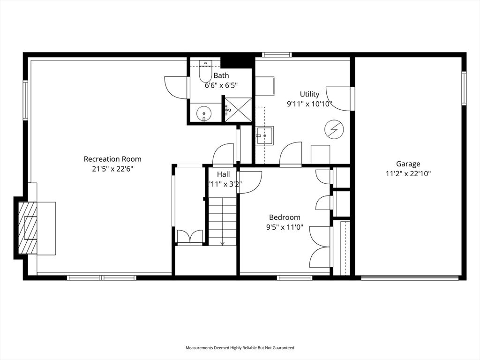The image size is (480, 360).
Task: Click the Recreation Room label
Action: (x=112, y=159)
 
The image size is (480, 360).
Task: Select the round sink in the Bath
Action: (x=204, y=113)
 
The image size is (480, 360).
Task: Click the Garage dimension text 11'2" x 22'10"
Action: (x=408, y=173)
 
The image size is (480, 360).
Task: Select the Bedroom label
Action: (x=285, y=217)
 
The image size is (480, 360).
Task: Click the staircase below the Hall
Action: (x=223, y=220)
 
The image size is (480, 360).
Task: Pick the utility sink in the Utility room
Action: (x=265, y=136)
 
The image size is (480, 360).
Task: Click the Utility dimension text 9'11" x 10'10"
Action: (x=310, y=104)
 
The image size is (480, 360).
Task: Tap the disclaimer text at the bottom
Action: (x=240, y=348)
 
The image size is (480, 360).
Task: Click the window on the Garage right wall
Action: (x=464, y=88)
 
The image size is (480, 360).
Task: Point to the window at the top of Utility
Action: (x=277, y=55)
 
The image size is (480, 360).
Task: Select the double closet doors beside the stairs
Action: (x=190, y=237)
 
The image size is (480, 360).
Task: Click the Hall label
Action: (x=223, y=174)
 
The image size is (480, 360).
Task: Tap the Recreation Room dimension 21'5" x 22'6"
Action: (x=112, y=169)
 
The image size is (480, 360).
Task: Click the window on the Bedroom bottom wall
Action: (x=294, y=278)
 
